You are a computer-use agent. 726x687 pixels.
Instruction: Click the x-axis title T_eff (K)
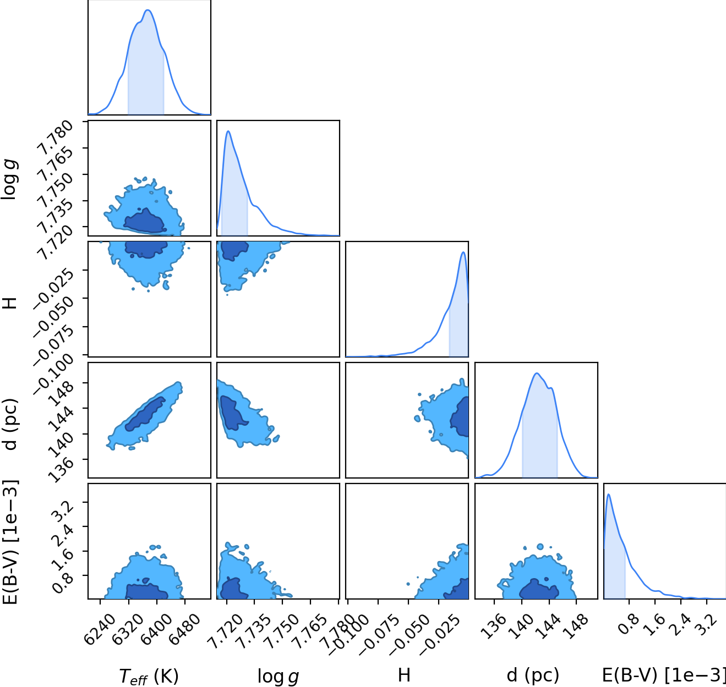click(x=149, y=677)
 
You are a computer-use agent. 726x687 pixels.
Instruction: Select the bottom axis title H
click(x=404, y=675)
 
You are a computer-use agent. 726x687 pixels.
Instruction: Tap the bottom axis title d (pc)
click(x=533, y=675)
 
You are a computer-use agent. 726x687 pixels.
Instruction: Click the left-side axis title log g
click(x=9, y=179)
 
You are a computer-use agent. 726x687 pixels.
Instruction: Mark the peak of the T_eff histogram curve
click(x=148, y=10)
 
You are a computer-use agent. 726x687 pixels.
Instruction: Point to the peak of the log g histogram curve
click(x=228, y=131)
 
